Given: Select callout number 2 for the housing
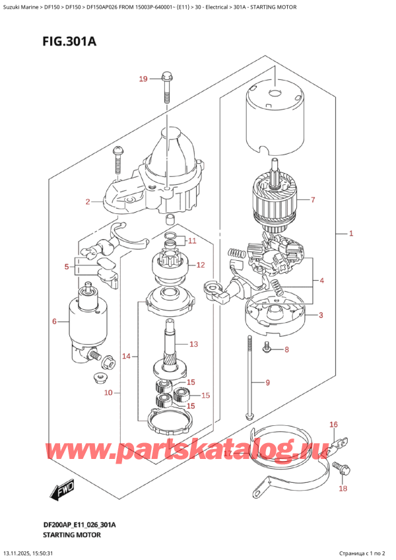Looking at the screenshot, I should coord(87,201).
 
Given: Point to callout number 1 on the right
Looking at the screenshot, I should coord(352,233).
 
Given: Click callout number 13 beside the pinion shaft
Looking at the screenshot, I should coord(193,344).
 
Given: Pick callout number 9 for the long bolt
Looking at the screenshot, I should coord(268,382).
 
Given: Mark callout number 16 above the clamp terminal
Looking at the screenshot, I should coord(333,425).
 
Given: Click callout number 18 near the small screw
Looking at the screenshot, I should coord(342,489).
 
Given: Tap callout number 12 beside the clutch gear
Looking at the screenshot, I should coord(201,265).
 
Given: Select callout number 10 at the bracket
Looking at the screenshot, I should coord(108,394).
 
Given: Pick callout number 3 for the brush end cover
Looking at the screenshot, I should coord(321,315).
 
